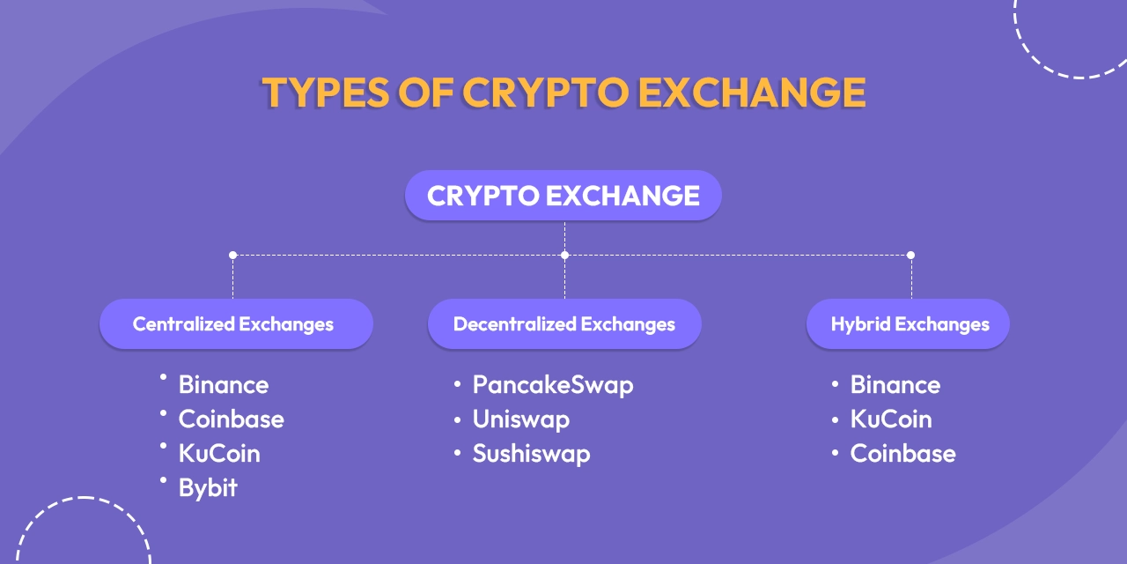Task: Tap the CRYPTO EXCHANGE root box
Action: pyautogui.click(x=563, y=196)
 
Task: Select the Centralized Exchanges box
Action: pyautogui.click(x=234, y=324)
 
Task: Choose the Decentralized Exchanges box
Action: pyautogui.click(x=564, y=324)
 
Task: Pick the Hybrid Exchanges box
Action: pyautogui.click(x=909, y=324)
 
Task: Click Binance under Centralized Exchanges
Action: pyautogui.click(x=223, y=385)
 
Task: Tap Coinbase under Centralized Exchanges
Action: pyautogui.click(x=231, y=419)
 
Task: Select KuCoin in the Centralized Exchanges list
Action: pyautogui.click(x=219, y=454)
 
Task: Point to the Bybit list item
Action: pyautogui.click(x=208, y=488)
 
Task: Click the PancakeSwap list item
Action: pyautogui.click(x=552, y=385)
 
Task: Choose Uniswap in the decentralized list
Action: pyautogui.click(x=520, y=419)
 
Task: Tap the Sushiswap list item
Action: pyautogui.click(x=531, y=454)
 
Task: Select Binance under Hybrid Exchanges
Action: pyautogui.click(x=895, y=385)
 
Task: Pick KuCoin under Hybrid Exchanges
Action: pyautogui.click(x=890, y=419)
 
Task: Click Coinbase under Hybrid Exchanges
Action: pyautogui.click(x=902, y=454)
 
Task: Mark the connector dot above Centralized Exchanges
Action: pyautogui.click(x=232, y=255)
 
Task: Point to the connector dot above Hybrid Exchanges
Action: pyautogui.click(x=910, y=255)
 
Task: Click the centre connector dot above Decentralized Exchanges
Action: pyautogui.click(x=564, y=255)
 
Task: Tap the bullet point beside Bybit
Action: pyautogui.click(x=164, y=480)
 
